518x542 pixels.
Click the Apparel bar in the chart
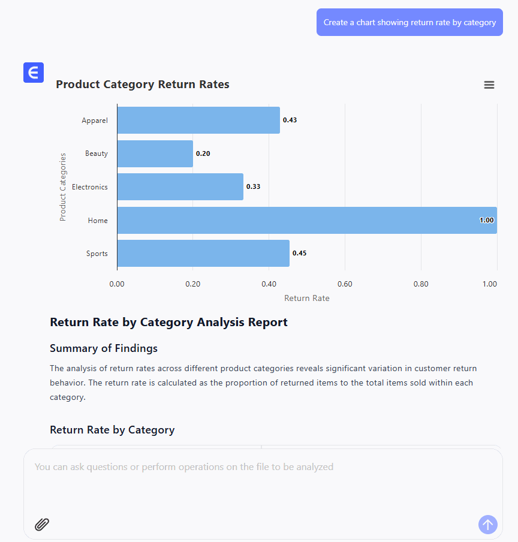[x=198, y=120]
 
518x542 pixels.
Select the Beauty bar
[x=155, y=153]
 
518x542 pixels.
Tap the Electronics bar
[x=180, y=186]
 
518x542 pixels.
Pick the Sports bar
[x=203, y=253]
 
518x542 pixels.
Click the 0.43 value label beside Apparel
[x=290, y=120]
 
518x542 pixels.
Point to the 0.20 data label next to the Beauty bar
[x=203, y=153]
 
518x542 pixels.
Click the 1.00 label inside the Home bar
[x=487, y=220]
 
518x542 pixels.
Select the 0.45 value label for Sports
[x=300, y=253]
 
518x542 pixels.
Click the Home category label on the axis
[x=98, y=221]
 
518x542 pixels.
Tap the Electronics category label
[x=90, y=187]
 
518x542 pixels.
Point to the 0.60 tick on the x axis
[x=345, y=284]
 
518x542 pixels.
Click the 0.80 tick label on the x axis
[x=421, y=284]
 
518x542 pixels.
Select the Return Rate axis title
[x=307, y=298]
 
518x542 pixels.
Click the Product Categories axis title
[x=63, y=187]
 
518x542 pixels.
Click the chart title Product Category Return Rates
[x=143, y=85]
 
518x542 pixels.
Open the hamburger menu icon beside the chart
[x=489, y=85]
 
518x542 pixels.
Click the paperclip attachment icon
[x=42, y=525]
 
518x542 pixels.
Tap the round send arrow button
[x=488, y=525]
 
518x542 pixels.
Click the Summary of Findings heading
[x=104, y=348]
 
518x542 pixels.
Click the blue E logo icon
[x=34, y=73]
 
